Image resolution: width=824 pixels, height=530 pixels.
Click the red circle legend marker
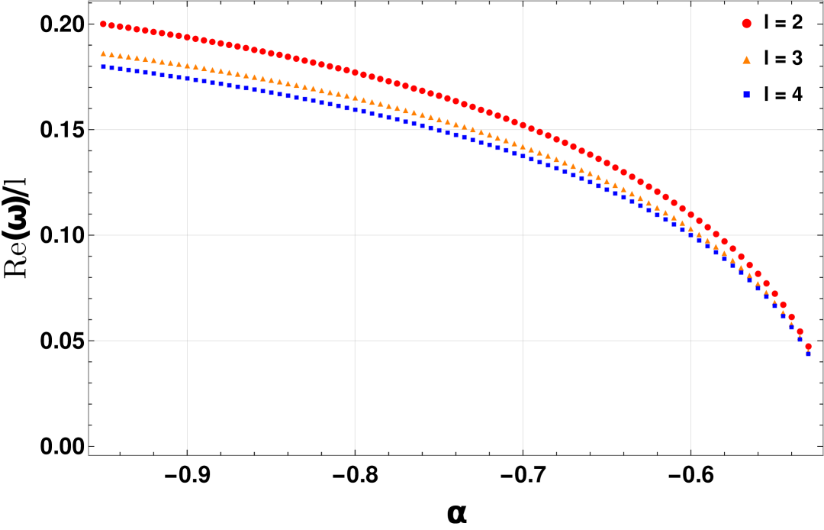click(746, 24)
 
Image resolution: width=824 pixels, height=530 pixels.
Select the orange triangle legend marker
click(746, 60)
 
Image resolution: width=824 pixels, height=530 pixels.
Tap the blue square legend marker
click(746, 94)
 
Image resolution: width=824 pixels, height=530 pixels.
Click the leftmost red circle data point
click(103, 24)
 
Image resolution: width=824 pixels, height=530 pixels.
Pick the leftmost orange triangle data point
click(103, 53)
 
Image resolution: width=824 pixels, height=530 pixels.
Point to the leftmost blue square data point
click(103, 67)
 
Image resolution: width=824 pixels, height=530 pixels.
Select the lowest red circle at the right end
click(808, 346)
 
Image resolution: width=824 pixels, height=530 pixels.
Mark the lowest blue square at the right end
click(808, 354)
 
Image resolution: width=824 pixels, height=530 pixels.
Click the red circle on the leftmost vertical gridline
click(187, 37)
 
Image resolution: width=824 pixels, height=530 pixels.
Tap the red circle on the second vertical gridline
click(355, 73)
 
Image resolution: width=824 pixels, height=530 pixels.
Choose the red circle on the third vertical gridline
click(523, 125)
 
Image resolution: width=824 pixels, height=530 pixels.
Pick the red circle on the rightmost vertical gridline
click(690, 215)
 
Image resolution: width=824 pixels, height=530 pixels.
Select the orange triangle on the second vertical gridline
click(355, 98)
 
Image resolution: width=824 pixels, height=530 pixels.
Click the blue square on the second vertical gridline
click(355, 110)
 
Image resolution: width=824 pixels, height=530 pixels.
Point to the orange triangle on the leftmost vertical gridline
click(187, 66)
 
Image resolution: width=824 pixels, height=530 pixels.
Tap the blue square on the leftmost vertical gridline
click(187, 78)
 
